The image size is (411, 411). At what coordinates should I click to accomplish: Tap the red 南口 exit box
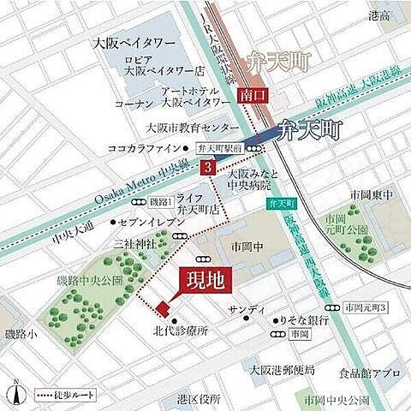click(x=249, y=95)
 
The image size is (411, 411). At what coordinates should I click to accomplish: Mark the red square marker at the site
click(x=161, y=308)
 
